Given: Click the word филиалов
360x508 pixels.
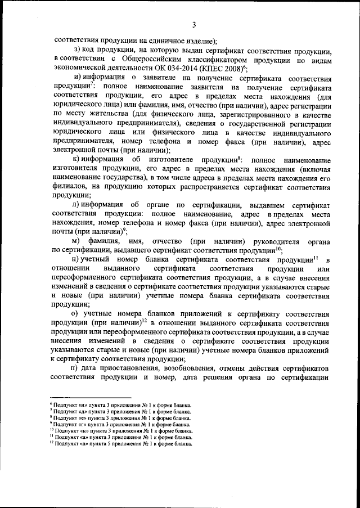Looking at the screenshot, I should click(69, 184).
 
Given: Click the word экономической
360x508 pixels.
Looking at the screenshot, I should click(81, 69).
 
